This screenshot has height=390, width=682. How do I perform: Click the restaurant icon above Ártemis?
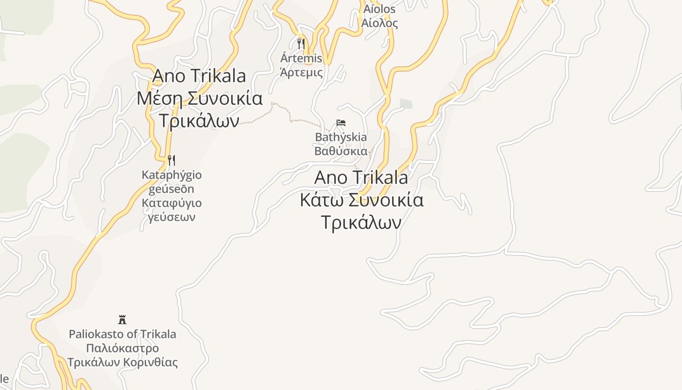[301, 44]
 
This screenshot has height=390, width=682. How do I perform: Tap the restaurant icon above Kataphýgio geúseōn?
[171, 160]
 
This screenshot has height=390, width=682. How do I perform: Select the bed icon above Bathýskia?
[341, 123]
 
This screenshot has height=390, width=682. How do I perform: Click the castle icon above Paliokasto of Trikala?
[122, 320]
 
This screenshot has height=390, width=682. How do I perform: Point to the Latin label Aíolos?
[379, 9]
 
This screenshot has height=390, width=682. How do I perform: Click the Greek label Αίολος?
[379, 23]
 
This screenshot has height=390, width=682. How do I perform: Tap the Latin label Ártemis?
[301, 58]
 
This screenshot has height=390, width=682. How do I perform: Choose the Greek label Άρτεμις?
[301, 73]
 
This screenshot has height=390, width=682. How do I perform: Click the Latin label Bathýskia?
[341, 137]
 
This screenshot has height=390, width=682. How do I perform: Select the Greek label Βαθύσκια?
[341, 151]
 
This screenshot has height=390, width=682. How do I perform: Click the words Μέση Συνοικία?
[200, 98]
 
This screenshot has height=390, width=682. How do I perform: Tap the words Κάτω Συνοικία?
[361, 200]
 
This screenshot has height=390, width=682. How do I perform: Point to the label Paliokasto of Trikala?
[122, 334]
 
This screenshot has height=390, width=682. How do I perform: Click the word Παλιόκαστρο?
[122, 349]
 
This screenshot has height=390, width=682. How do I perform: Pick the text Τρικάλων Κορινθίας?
[122, 363]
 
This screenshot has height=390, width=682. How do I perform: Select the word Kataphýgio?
[171, 175]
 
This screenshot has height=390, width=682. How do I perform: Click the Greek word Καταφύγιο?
[171, 203]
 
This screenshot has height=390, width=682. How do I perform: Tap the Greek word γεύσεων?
[171, 217]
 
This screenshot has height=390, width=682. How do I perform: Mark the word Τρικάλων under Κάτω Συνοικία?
[361, 222]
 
